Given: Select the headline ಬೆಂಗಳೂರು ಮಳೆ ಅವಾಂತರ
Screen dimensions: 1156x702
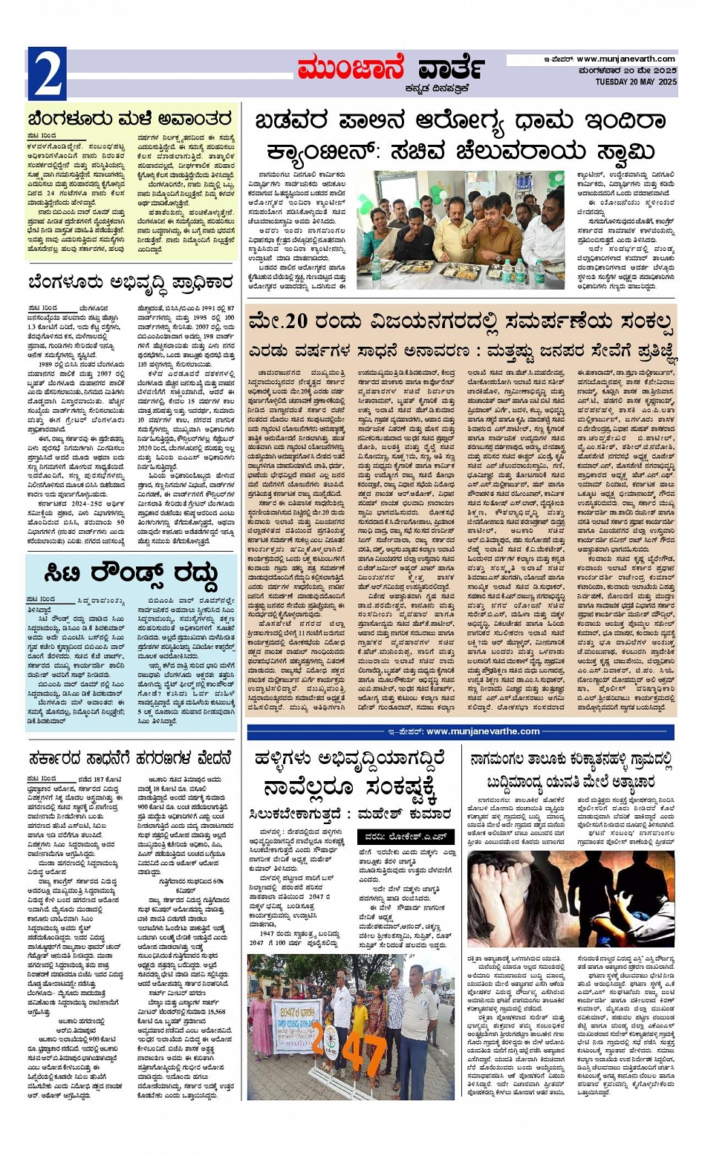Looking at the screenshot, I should pyautogui.click(x=130, y=119).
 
